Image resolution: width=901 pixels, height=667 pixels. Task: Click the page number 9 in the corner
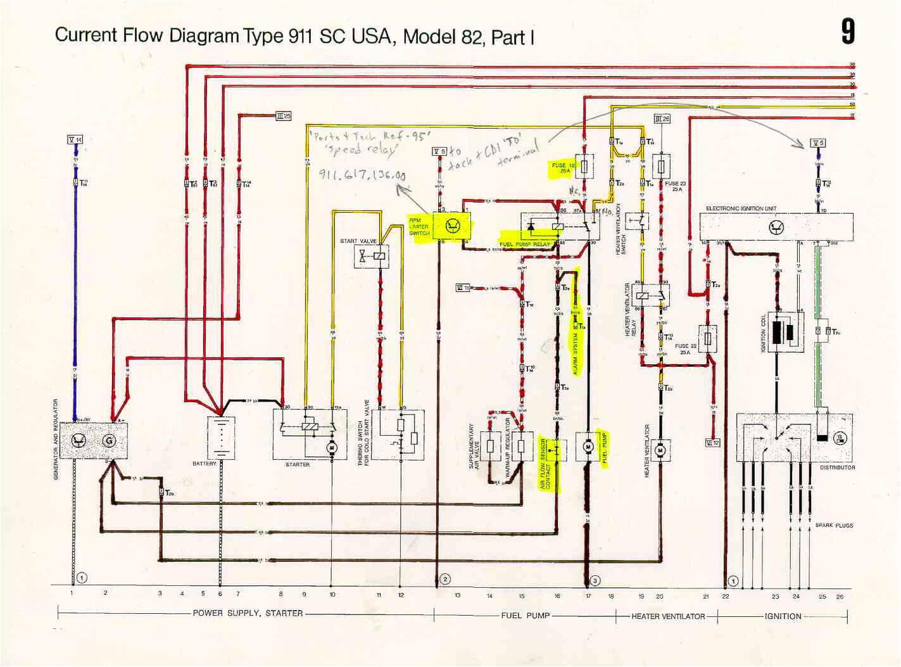tap(847, 32)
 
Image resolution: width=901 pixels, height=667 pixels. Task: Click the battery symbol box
tap(221, 437)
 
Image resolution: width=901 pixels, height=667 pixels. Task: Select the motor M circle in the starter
tap(331, 448)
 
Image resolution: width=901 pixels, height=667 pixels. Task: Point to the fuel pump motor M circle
tap(588, 447)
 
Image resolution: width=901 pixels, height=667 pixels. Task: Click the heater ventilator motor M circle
tap(660, 450)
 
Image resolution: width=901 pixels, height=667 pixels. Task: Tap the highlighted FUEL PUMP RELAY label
tap(525, 244)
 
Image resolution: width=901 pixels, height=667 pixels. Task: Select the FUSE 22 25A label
tap(685, 349)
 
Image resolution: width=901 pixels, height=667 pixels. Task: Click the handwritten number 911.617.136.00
tap(362, 175)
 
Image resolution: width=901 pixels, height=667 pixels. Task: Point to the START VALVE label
tap(358, 241)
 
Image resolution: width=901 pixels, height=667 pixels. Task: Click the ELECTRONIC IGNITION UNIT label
tap(741, 208)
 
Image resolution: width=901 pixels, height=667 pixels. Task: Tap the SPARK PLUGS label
tap(834, 525)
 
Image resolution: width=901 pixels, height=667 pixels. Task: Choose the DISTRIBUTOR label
tap(837, 467)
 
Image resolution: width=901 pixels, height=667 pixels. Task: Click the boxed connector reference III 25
tap(284, 116)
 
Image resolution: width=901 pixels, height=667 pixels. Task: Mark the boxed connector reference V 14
tap(75, 139)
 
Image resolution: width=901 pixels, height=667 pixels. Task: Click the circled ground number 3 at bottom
tap(595, 580)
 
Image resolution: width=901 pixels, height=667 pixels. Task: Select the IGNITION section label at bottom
tap(783, 616)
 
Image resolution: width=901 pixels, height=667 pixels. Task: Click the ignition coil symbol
tap(786, 332)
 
